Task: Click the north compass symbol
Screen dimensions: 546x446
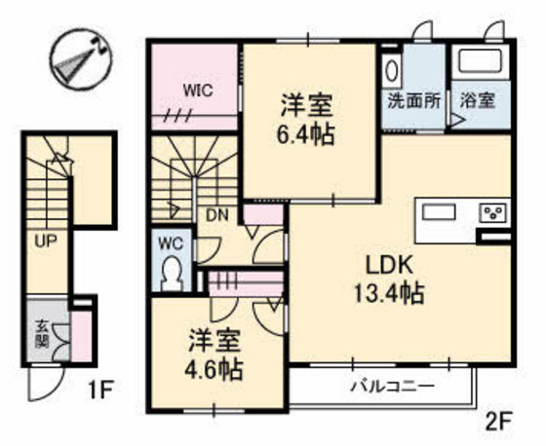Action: click(x=81, y=59)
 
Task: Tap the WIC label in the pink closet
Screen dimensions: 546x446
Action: click(x=198, y=92)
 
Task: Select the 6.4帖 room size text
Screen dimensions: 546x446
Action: click(x=305, y=133)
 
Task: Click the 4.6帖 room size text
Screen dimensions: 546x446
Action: click(x=214, y=369)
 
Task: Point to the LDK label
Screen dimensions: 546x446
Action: click(x=389, y=266)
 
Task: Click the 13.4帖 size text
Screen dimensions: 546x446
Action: click(x=389, y=293)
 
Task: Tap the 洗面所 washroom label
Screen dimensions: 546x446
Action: click(x=414, y=101)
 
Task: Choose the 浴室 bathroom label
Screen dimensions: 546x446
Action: click(x=478, y=100)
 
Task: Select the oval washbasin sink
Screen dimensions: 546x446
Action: click(x=392, y=69)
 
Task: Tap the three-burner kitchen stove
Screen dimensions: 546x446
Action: click(x=494, y=212)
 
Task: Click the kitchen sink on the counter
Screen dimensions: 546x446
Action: click(x=439, y=211)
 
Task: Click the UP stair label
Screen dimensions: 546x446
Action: click(x=46, y=241)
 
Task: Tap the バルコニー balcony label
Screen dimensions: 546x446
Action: click(x=394, y=387)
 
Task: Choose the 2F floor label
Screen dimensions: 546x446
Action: click(x=499, y=422)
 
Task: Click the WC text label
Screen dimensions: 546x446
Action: click(x=171, y=243)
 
